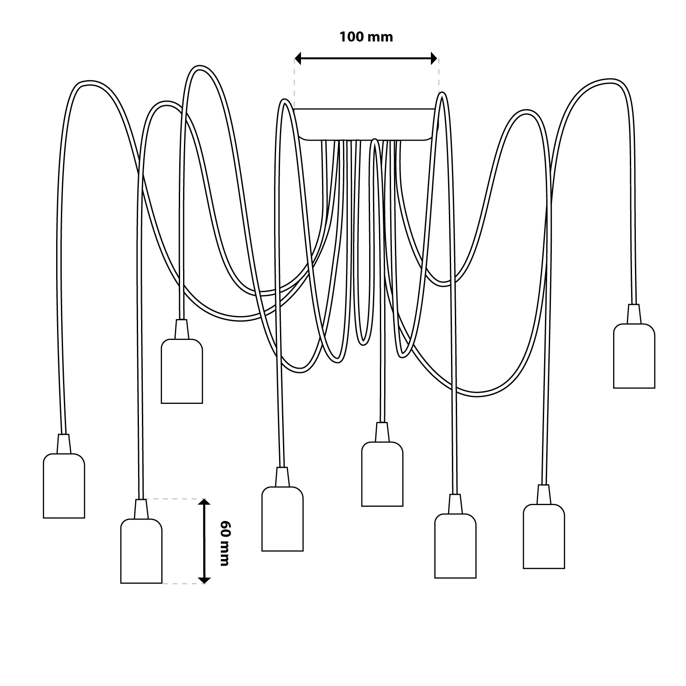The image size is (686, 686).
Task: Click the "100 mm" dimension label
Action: tap(366, 37)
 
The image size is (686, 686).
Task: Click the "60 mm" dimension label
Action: tap(224, 543)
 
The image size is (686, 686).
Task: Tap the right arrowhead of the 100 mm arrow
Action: tap(434, 59)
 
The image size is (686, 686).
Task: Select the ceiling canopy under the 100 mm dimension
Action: tap(366, 124)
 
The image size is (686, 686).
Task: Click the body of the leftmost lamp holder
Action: tap(64, 487)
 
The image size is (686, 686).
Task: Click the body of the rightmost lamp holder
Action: tap(634, 357)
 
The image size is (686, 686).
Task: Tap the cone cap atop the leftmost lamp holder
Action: tap(63, 444)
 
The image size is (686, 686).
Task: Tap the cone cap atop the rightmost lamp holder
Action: tap(634, 314)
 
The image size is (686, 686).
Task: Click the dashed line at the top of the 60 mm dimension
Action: tap(174, 499)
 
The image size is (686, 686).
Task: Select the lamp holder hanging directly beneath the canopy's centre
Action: tap(382, 475)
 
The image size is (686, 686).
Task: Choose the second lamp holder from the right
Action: tap(544, 537)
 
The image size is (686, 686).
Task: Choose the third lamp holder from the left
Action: tap(181, 372)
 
